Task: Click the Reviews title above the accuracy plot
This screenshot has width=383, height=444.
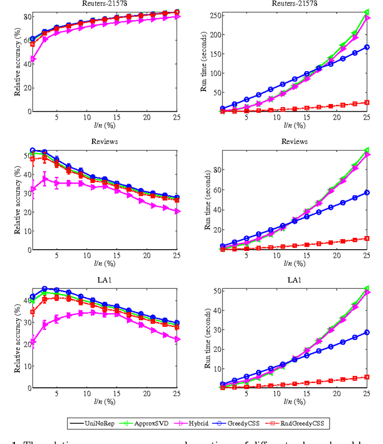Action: pyautogui.click(x=105, y=142)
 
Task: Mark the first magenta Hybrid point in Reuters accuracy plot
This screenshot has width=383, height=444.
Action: pyautogui.click(x=32, y=59)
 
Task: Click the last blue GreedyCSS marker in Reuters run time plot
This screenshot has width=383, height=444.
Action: pyautogui.click(x=367, y=47)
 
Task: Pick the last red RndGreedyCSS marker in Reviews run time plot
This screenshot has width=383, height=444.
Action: pyautogui.click(x=367, y=238)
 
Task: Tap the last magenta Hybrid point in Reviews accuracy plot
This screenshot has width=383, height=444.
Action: pyautogui.click(x=177, y=211)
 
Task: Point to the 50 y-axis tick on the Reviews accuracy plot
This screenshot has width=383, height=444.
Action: pyautogui.click(x=25, y=156)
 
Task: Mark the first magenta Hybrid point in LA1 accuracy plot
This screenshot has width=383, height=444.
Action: pyautogui.click(x=32, y=342)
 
